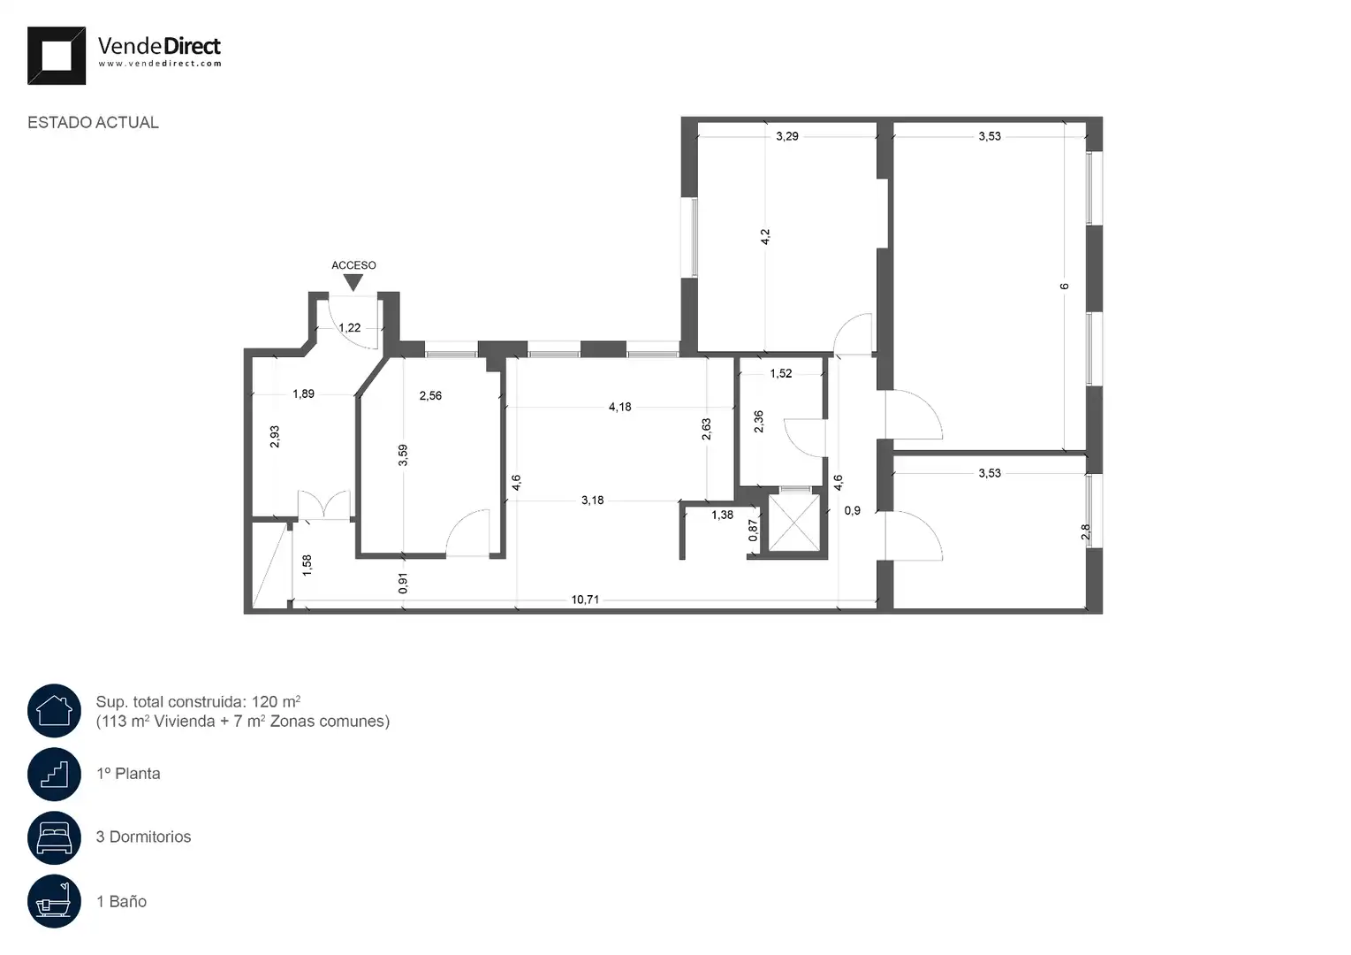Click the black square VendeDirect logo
[x=56, y=56]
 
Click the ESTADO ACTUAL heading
[x=93, y=123]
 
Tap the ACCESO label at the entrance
[x=353, y=265]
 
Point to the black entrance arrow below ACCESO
[x=353, y=282]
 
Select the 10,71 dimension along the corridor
[x=585, y=600]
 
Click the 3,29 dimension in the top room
[x=787, y=136]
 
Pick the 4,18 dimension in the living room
[x=620, y=407]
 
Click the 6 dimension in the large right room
[x=1064, y=286]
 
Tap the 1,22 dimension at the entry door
[x=350, y=328]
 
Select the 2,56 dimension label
[x=430, y=395]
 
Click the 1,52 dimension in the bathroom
[x=781, y=374]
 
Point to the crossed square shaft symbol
[x=794, y=523]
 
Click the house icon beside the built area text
[x=54, y=711]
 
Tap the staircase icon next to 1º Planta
[x=54, y=774]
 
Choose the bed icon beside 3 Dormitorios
[x=54, y=837]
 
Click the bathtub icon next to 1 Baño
[x=54, y=901]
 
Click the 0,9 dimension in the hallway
[x=852, y=511]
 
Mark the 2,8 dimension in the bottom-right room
[x=1086, y=531]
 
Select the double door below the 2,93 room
[x=324, y=505]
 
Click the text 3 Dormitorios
[x=143, y=837]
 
